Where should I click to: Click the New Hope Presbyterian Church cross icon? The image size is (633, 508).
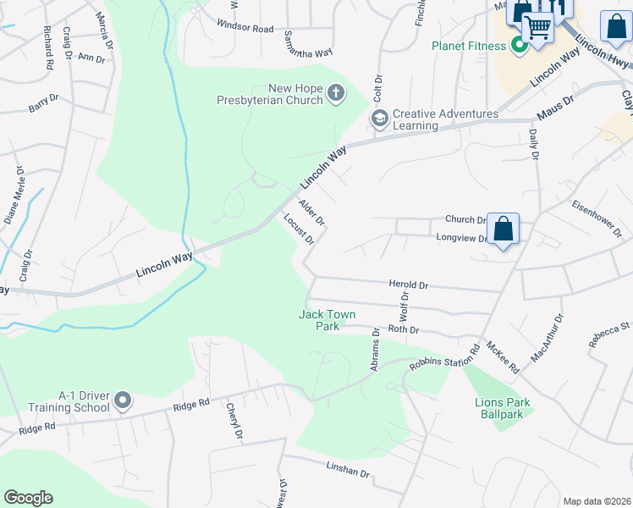335,92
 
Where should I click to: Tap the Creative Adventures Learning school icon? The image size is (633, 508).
380,119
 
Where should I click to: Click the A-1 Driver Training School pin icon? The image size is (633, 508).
124,399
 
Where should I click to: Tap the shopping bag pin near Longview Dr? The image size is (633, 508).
503,229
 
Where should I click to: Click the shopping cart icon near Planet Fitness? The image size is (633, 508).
537,27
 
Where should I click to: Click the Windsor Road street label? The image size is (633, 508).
245,28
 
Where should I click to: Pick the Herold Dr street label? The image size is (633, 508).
409,285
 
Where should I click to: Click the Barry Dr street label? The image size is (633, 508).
43,103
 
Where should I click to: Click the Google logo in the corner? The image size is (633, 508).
29,498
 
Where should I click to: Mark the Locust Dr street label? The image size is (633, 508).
299,229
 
